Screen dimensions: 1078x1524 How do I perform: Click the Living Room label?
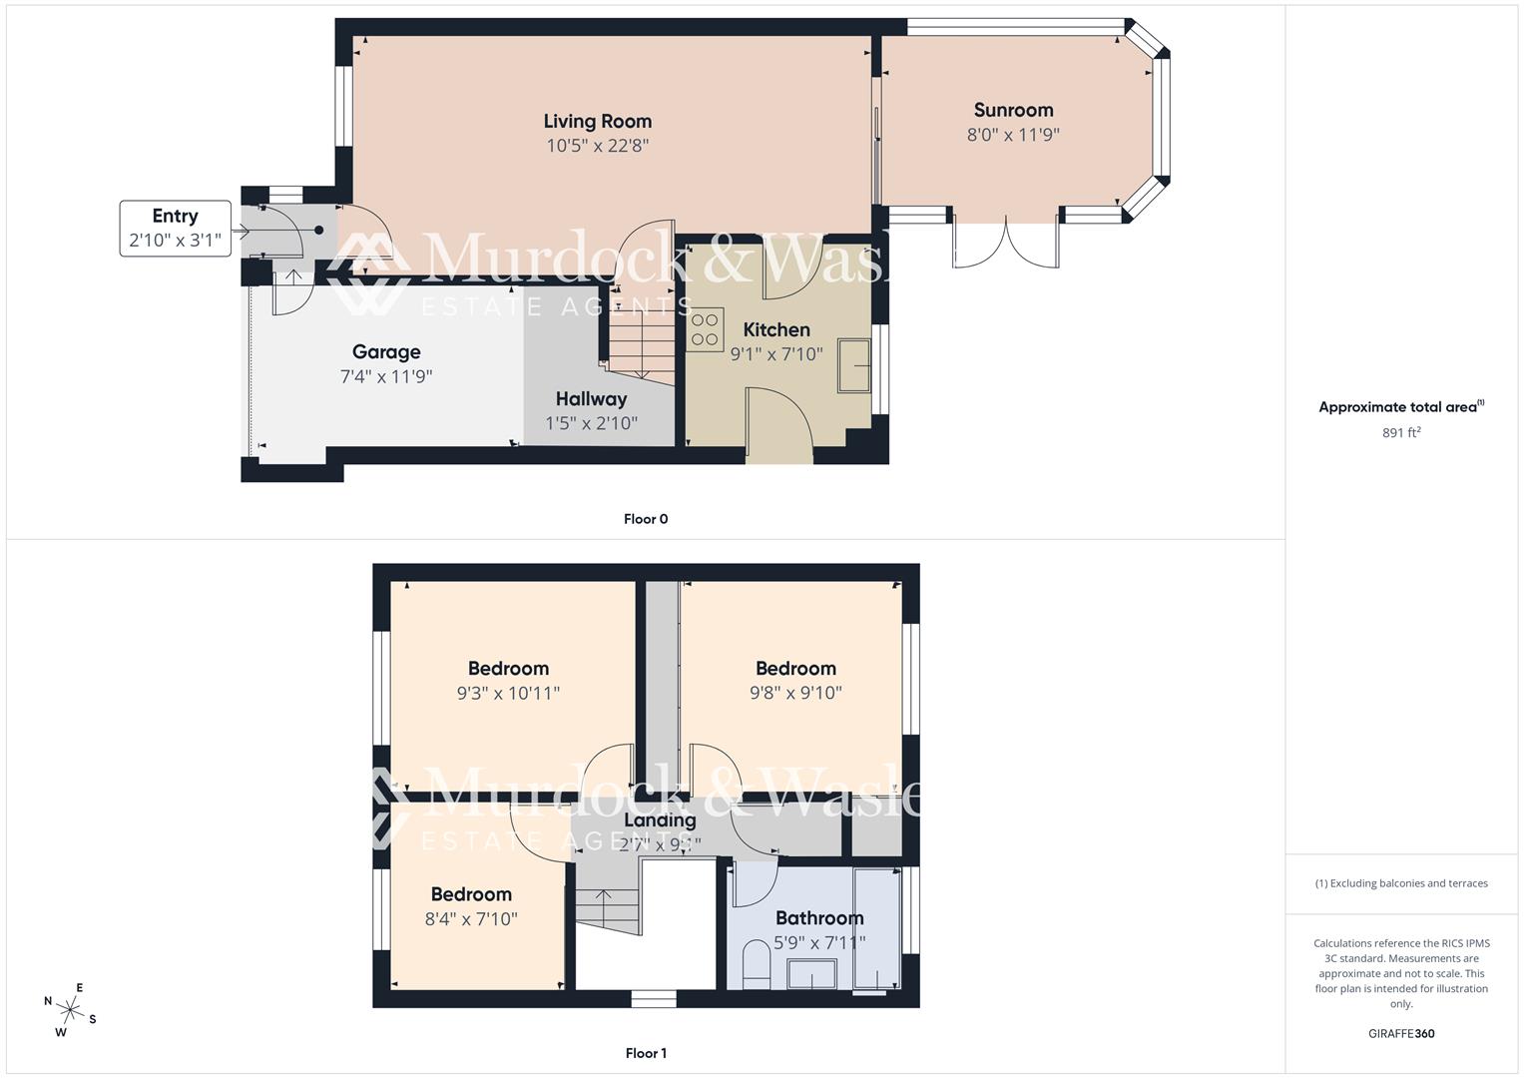pyautogui.click(x=597, y=122)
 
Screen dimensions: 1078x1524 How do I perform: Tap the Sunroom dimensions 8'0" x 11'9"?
pyautogui.click(x=1013, y=135)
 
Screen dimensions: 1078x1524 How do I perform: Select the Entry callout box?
pyautogui.click(x=175, y=229)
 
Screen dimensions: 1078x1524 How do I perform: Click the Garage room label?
pyautogui.click(x=386, y=351)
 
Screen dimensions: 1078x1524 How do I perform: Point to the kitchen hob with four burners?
pyautogui.click(x=705, y=330)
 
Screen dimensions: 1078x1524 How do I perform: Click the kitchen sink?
pyautogui.click(x=854, y=365)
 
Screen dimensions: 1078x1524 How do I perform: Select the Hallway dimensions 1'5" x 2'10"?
pyautogui.click(x=591, y=423)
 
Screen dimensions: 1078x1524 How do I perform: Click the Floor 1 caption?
pyautogui.click(x=646, y=1053)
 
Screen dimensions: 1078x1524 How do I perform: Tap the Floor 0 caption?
pyautogui.click(x=646, y=519)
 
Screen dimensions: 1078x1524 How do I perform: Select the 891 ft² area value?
pyautogui.click(x=1401, y=432)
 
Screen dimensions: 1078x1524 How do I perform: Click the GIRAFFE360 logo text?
pyautogui.click(x=1401, y=1033)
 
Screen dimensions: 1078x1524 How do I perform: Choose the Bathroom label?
pyautogui.click(x=819, y=918)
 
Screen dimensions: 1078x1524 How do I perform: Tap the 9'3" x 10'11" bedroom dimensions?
pyautogui.click(x=508, y=693)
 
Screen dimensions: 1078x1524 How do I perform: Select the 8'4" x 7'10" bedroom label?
pyautogui.click(x=471, y=895)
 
